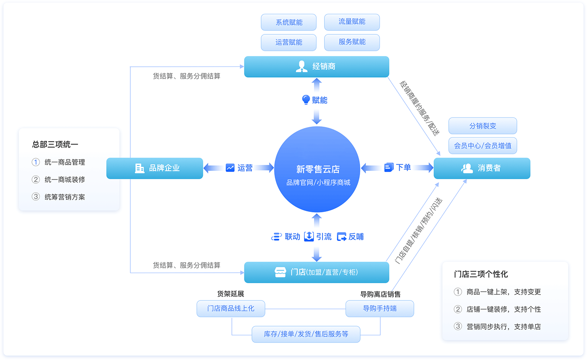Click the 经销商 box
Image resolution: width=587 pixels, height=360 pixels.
pyautogui.click(x=317, y=66)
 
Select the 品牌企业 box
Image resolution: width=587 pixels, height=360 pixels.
pyautogui.click(x=154, y=168)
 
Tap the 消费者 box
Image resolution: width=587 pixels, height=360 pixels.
pyautogui.click(x=482, y=168)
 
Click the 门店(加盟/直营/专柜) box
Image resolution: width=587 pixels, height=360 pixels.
pyautogui.click(x=317, y=272)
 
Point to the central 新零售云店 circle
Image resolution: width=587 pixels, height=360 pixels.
pyautogui.click(x=317, y=170)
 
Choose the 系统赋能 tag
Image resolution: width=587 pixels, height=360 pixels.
pyautogui.click(x=289, y=22)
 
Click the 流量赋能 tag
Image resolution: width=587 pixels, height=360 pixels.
pyautogui.click(x=352, y=22)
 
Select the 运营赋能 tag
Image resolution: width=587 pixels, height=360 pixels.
pyautogui.click(x=289, y=42)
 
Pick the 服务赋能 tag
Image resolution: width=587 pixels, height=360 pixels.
pyautogui.click(x=352, y=42)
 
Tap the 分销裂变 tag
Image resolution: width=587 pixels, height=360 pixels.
pyautogui.click(x=483, y=126)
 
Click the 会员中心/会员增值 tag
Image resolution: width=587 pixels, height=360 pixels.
pyautogui.click(x=483, y=146)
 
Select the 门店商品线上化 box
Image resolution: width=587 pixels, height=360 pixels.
pyautogui.click(x=231, y=309)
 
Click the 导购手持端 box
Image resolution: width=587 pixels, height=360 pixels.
pyautogui.click(x=379, y=309)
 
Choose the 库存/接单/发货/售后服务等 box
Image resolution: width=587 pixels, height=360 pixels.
pyautogui.click(x=306, y=334)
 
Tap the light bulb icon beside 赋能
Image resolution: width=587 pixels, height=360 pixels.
pyautogui.click(x=306, y=100)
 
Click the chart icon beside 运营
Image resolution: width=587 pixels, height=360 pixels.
pyautogui.click(x=230, y=168)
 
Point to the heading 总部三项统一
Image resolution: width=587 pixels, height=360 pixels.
pyautogui.click(x=55, y=144)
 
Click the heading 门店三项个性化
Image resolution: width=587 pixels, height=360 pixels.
pyautogui.click(x=481, y=274)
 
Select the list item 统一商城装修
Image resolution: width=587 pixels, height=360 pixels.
pyautogui.click(x=65, y=180)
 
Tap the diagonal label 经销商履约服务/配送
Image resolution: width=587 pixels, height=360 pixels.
pyautogui.click(x=418, y=108)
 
